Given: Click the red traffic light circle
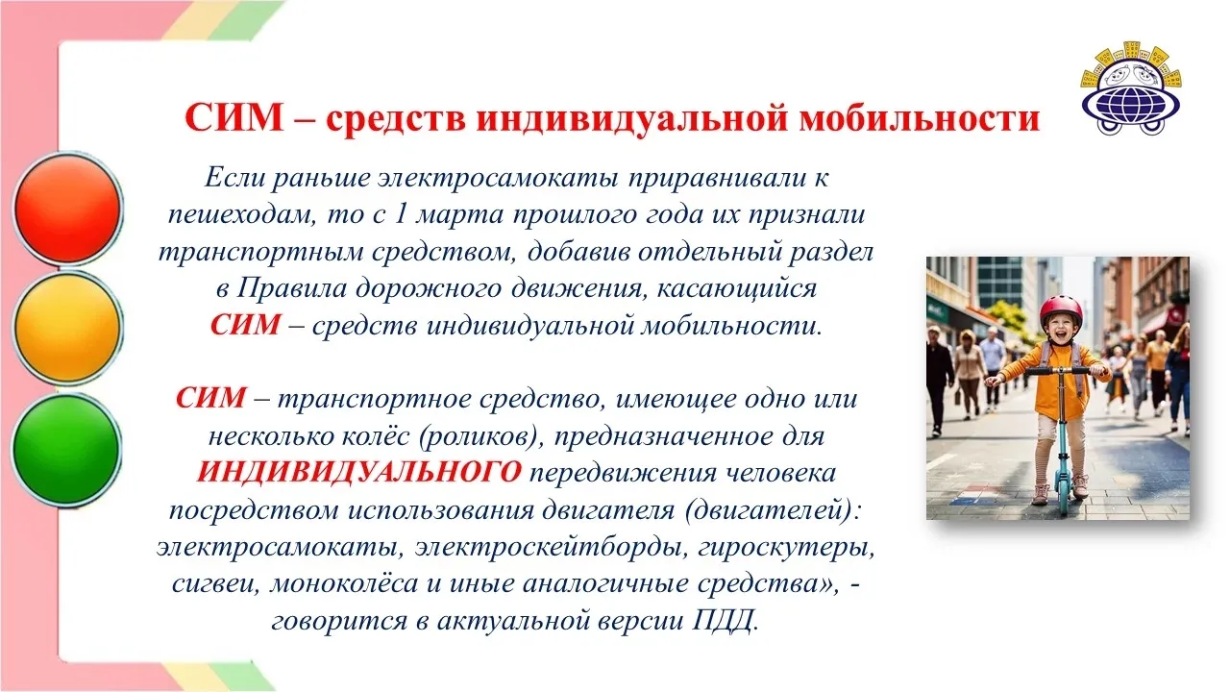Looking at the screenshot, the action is (67, 209).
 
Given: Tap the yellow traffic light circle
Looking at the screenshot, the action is (67, 328).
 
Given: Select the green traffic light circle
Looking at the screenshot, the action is (66, 449).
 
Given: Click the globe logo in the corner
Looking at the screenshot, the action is (1131, 88).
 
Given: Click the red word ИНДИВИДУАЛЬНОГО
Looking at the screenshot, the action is (359, 472).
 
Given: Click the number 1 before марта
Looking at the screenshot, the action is (401, 214).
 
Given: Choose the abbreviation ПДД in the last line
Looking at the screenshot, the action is (725, 621).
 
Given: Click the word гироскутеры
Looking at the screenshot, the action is (787, 548).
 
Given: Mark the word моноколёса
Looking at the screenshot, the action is (344, 583).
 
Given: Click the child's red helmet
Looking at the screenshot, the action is (1060, 310).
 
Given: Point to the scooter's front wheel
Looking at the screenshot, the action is (1064, 496).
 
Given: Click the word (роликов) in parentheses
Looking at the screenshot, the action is (481, 436).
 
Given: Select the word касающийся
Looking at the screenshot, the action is (737, 289).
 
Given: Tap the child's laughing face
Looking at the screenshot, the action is (1060, 330).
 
